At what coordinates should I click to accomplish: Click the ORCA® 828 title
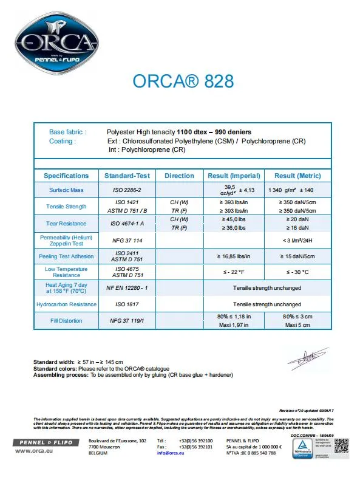pos(183,81)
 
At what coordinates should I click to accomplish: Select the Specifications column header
pos(66,176)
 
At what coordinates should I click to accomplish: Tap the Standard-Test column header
pos(127,176)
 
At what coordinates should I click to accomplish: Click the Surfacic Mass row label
pos(66,190)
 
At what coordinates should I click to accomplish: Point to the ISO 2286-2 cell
pos(127,190)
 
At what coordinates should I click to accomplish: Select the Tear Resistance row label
pos(66,223)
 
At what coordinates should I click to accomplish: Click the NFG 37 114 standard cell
pos(127,241)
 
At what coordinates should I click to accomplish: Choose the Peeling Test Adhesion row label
pos(66,256)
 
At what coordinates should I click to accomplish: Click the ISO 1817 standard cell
pos(127,304)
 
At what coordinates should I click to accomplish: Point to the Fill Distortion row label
pos(66,321)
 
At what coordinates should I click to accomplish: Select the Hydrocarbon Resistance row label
pos(66,304)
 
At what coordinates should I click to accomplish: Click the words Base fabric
pos(67,132)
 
